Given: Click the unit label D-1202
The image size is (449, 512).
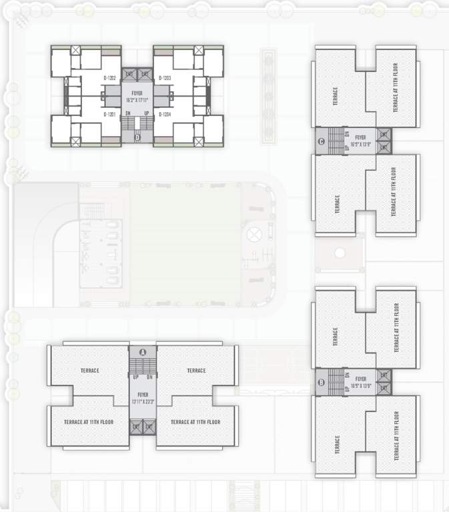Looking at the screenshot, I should point(110,78).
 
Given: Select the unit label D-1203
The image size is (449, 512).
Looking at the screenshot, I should point(165,78).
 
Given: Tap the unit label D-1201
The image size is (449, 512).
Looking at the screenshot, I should point(110,115).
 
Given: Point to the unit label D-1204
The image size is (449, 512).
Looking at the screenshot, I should point(165,115).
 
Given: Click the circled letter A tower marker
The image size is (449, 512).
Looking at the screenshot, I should point(142,352).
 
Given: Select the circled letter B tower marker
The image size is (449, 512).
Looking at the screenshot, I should point(322,383).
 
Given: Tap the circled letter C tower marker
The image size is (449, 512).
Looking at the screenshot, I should point(322,141).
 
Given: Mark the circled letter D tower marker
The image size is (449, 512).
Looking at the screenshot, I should point(137,138).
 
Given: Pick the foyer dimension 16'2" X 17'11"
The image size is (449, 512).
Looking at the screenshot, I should point(137,99).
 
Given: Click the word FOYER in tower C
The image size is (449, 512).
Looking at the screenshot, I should point(361,137).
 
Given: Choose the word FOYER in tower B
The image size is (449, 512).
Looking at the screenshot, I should point(361,378).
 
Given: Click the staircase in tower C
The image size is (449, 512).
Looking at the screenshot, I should point(335,141).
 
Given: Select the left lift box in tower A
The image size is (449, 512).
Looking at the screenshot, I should point(135,426).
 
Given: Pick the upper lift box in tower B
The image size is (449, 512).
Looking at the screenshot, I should point(383,376).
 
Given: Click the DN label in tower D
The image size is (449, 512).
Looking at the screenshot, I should point(128,114).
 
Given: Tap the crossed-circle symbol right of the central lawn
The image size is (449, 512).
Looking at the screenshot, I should point(256,234).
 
